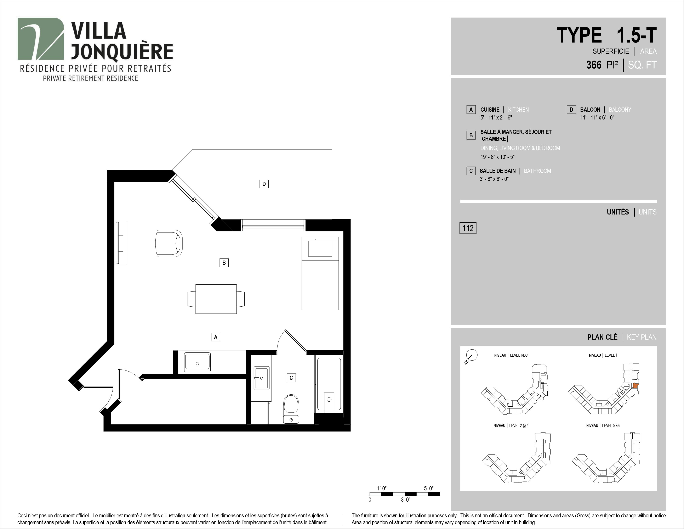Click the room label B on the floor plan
[x=224, y=263]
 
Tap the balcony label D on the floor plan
[x=264, y=184]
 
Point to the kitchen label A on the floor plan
[x=216, y=337]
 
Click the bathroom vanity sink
[x=261, y=378]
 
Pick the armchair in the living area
[x=169, y=244]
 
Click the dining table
[x=216, y=299]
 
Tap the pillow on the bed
[x=320, y=249]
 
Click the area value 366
[x=594, y=65]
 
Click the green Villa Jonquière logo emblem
[x=41, y=39]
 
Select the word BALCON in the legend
[x=590, y=110]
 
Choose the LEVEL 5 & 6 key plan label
[x=611, y=425]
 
